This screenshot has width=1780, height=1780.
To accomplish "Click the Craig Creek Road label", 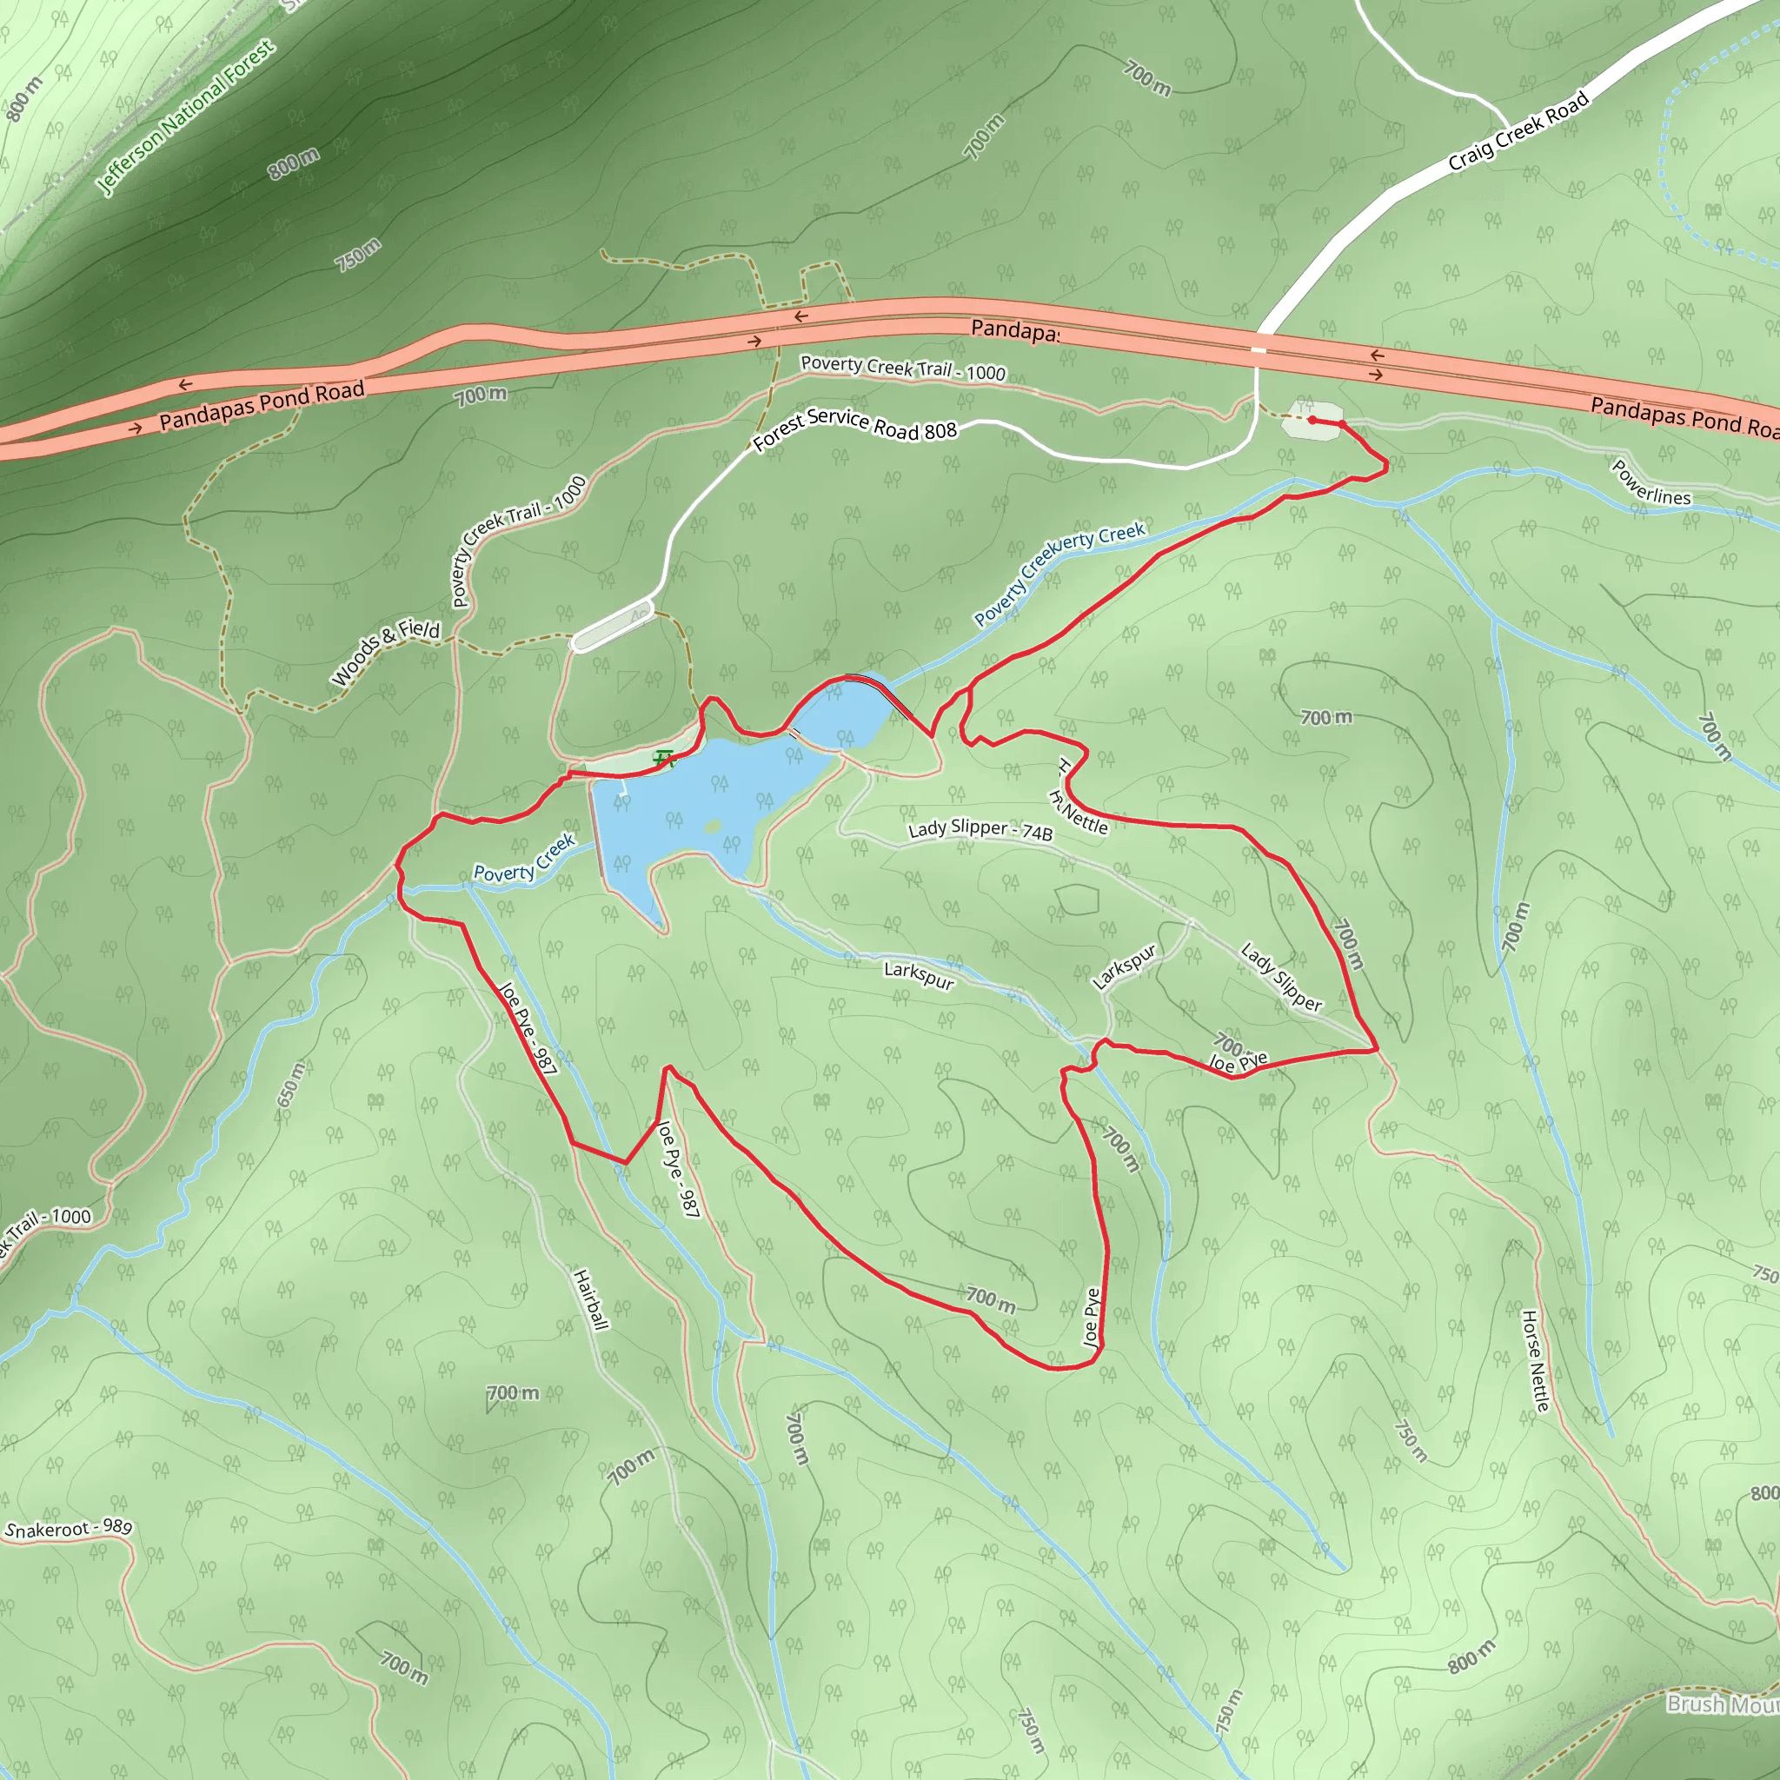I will click(x=1518, y=132).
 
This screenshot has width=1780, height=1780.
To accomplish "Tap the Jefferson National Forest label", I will click(x=185, y=117).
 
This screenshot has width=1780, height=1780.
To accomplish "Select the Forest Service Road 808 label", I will click(x=854, y=428).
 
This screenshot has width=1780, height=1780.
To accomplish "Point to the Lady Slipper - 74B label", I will click(x=980, y=830).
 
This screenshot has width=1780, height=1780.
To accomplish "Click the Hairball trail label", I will click(x=590, y=1299).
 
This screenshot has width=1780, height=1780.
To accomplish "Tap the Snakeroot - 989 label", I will click(x=70, y=1529).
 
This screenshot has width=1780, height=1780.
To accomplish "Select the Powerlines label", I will click(x=1650, y=482).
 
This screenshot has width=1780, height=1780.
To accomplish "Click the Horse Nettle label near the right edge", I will click(x=1535, y=1360).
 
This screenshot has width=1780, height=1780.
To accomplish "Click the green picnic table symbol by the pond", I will click(x=664, y=759).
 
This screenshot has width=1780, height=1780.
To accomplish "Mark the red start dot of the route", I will click(x=1311, y=420).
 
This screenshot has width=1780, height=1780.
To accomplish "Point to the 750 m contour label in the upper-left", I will click(x=357, y=255).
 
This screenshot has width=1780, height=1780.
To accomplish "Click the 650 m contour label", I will click(x=290, y=1084).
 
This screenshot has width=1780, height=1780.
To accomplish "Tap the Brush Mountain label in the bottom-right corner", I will click(x=1721, y=1704).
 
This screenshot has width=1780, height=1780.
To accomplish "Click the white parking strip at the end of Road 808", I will click(x=612, y=626).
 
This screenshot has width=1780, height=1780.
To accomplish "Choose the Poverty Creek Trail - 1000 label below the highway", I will click(x=902, y=368).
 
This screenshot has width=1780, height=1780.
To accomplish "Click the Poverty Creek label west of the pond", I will click(x=523, y=860).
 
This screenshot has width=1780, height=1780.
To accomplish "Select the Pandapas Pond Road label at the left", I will click(x=262, y=405).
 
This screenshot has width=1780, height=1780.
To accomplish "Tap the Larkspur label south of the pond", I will click(x=918, y=973).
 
